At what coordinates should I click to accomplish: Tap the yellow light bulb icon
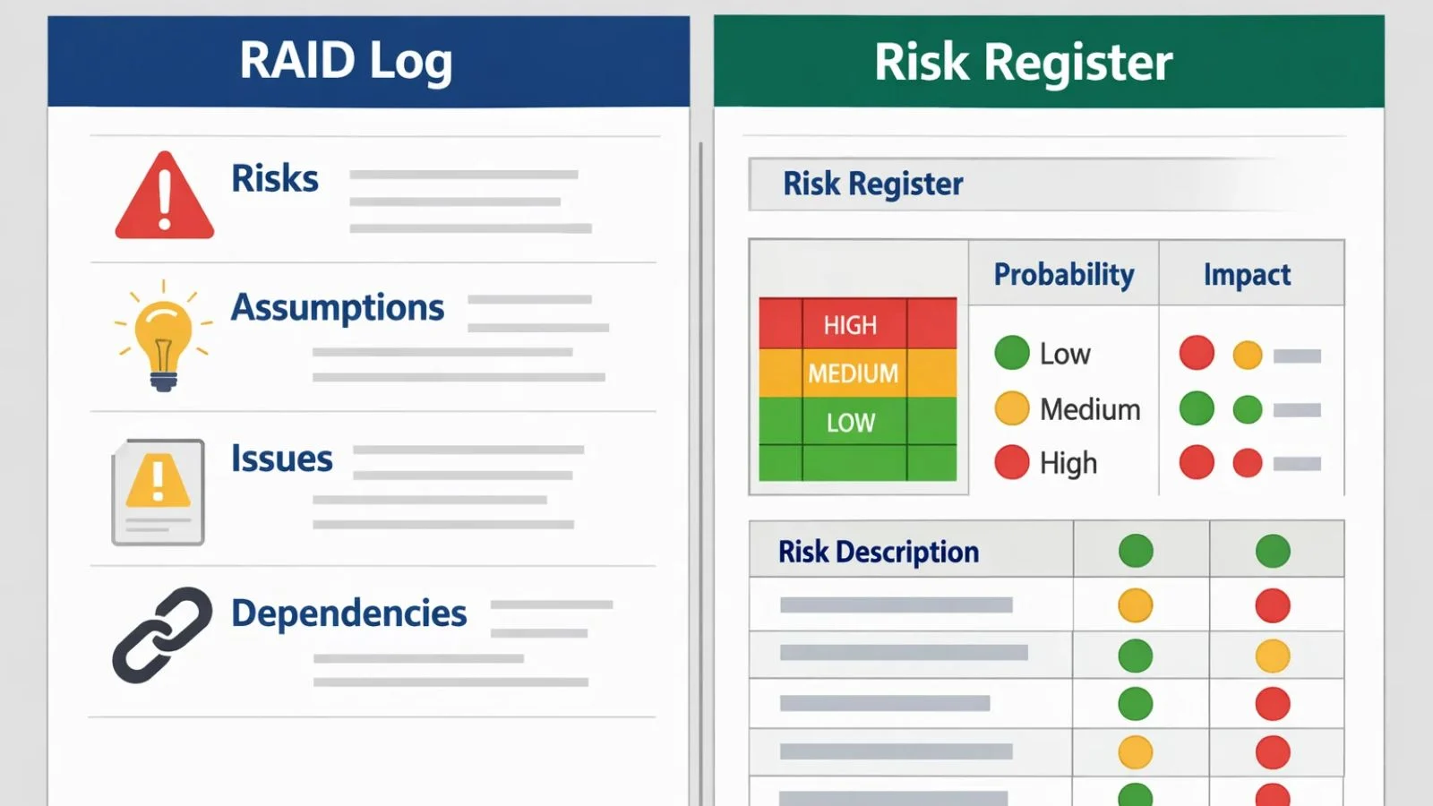pyautogui.click(x=163, y=335)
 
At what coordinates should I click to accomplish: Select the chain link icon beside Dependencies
pyautogui.click(x=162, y=635)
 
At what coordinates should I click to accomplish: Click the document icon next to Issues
pyautogui.click(x=159, y=492)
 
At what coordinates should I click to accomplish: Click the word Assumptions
pyautogui.click(x=338, y=307)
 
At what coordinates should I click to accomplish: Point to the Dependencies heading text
pyautogui.click(x=348, y=613)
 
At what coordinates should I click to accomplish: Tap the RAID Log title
pyautogui.click(x=346, y=61)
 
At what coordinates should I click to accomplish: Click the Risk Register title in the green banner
pyautogui.click(x=1023, y=62)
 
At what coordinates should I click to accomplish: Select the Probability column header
pyautogui.click(x=1064, y=274)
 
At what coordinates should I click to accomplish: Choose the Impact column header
pyautogui.click(x=1247, y=274)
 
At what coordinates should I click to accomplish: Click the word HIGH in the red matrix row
pyautogui.click(x=850, y=325)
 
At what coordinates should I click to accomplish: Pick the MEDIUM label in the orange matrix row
pyautogui.click(x=853, y=373)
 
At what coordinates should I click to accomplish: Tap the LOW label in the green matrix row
pyautogui.click(x=850, y=423)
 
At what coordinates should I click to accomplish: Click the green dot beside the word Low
pyautogui.click(x=1012, y=353)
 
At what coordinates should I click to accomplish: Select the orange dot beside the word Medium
pyautogui.click(x=1012, y=408)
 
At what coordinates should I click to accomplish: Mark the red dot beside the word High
pyautogui.click(x=1012, y=462)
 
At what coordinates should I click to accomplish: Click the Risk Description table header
pyautogui.click(x=878, y=552)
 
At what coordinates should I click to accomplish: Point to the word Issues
pyautogui.click(x=281, y=459)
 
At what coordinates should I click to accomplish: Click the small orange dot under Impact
pyautogui.click(x=1248, y=356)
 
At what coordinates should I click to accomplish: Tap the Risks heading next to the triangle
pyautogui.click(x=274, y=178)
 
